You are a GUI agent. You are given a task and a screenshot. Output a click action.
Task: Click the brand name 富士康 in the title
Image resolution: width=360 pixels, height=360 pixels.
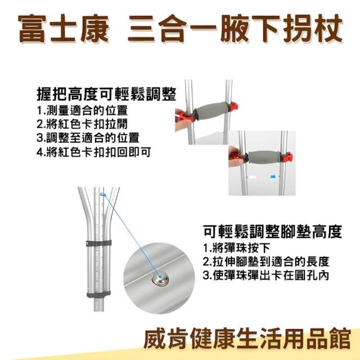[x=64, y=29]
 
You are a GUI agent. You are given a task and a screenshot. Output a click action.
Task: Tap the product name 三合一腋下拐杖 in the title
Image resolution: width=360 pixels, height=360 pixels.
[x=235, y=29]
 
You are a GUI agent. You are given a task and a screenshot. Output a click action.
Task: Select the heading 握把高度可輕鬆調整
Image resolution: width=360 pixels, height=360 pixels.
[x=106, y=94]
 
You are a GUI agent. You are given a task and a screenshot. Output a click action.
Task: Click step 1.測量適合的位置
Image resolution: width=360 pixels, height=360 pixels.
[x=82, y=111]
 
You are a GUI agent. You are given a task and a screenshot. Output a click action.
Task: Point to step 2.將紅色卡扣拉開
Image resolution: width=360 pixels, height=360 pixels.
[x=82, y=124]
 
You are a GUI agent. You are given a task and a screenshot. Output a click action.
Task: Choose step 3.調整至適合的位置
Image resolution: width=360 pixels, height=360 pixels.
[x=88, y=138]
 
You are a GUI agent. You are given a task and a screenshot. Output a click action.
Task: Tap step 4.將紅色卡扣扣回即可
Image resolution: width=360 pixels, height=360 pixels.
[x=94, y=152]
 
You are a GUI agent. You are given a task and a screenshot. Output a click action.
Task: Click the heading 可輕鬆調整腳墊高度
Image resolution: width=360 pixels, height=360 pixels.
[x=273, y=231]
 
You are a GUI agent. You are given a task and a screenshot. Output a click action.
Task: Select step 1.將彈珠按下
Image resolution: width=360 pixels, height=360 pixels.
[x=236, y=248]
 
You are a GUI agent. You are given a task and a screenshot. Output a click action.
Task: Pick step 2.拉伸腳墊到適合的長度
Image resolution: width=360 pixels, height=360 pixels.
[x=266, y=262]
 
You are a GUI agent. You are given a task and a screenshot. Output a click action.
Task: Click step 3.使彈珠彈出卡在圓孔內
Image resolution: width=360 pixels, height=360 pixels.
[x=266, y=276]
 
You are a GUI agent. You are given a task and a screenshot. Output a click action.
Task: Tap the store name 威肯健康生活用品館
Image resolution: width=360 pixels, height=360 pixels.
[x=247, y=339]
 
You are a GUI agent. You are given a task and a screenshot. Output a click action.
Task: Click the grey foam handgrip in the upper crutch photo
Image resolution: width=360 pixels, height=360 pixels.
[x=211, y=111]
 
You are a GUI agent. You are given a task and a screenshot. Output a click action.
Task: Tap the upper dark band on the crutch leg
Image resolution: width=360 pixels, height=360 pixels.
[x=99, y=244]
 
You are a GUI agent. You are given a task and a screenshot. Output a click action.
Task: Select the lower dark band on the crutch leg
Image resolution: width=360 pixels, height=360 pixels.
[x=99, y=294]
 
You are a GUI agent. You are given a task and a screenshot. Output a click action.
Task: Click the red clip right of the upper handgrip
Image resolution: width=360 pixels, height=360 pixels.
[x=233, y=107]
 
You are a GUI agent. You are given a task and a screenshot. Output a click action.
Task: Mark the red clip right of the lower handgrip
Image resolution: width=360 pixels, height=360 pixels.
[x=287, y=156]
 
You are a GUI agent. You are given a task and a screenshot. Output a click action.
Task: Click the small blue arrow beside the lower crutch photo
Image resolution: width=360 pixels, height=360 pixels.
[x=273, y=177]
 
